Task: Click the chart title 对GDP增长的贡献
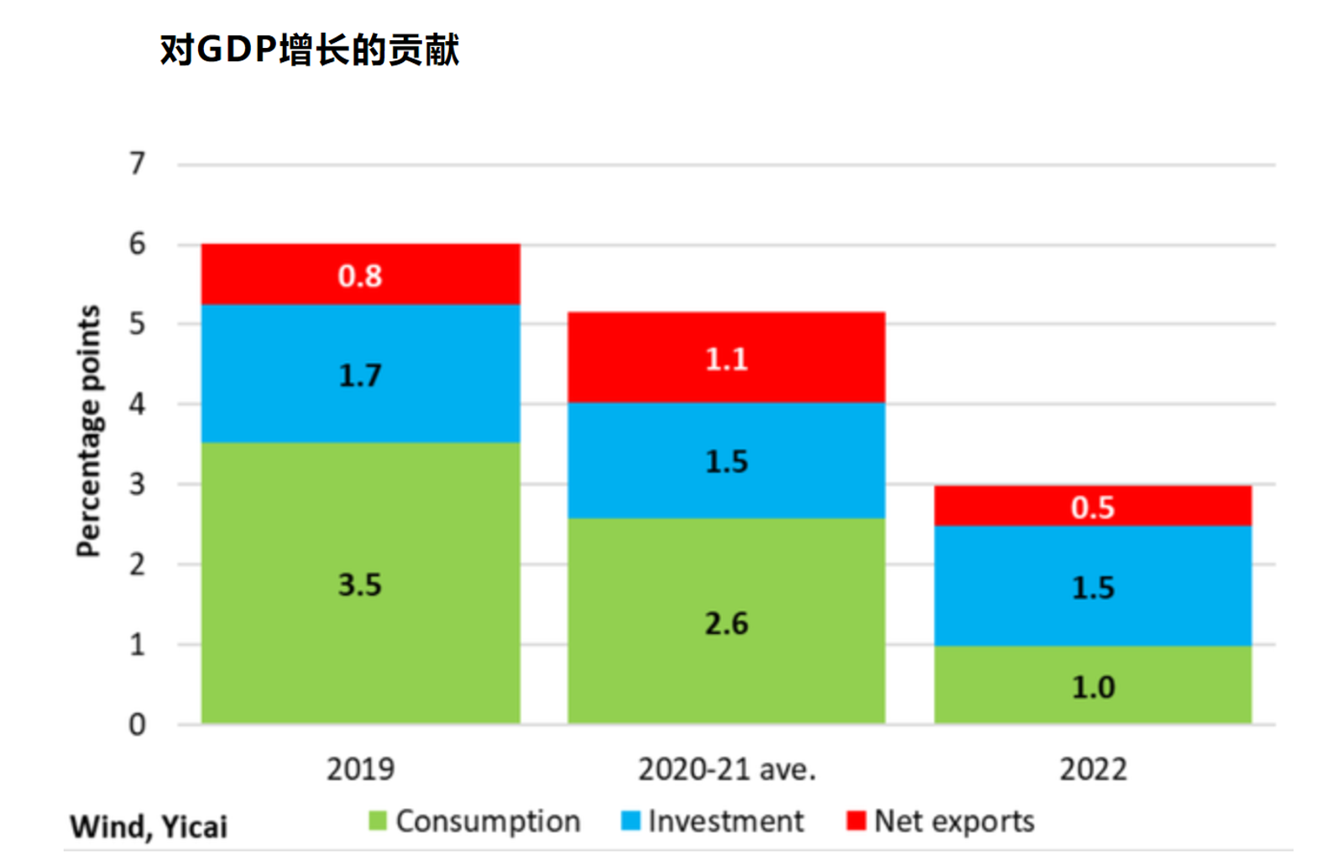point(310,50)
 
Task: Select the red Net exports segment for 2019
point(360,275)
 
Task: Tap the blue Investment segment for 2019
point(360,374)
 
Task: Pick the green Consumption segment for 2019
point(360,583)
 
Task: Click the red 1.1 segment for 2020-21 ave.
point(726,358)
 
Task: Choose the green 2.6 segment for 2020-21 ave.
point(726,621)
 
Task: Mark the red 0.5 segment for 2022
point(1092,506)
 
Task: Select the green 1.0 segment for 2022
point(1092,685)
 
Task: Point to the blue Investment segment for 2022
point(1092,586)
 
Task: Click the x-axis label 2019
point(360,769)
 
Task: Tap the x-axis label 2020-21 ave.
point(726,769)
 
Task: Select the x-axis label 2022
point(1092,769)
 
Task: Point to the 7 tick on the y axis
point(137,163)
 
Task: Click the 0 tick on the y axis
point(137,725)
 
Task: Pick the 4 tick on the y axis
point(137,404)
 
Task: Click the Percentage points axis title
point(88,431)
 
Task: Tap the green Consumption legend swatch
point(378,820)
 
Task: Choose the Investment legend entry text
point(725,820)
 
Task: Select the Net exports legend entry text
point(954,820)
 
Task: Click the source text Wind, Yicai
point(149,826)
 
